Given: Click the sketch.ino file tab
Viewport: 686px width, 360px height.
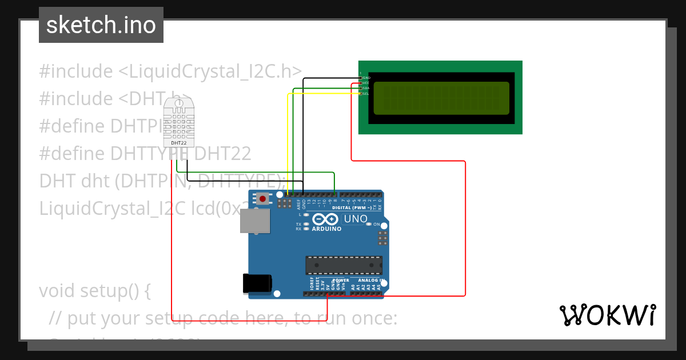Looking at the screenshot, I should click(x=101, y=25).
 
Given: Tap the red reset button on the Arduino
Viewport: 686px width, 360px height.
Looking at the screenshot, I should click(x=262, y=199).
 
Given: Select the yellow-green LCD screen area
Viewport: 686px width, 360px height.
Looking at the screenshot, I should click(x=441, y=98).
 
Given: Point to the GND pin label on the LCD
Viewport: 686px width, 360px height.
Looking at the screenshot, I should click(x=366, y=77).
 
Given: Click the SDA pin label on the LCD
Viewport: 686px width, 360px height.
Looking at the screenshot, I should click(x=366, y=88).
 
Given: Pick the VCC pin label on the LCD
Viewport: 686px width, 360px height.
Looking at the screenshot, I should click(x=366, y=83).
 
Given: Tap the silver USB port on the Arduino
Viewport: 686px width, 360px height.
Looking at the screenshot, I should click(x=254, y=221).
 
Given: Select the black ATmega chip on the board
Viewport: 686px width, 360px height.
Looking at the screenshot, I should click(x=344, y=266).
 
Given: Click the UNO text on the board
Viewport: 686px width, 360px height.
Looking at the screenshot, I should click(x=355, y=219).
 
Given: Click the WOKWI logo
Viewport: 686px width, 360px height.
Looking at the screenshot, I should click(x=607, y=315).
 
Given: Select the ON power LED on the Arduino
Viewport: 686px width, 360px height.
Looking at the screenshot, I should click(x=369, y=225).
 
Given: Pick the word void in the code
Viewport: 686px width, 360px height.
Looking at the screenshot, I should click(x=59, y=291).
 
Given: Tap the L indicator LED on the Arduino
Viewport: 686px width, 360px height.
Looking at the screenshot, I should click(x=307, y=215).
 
